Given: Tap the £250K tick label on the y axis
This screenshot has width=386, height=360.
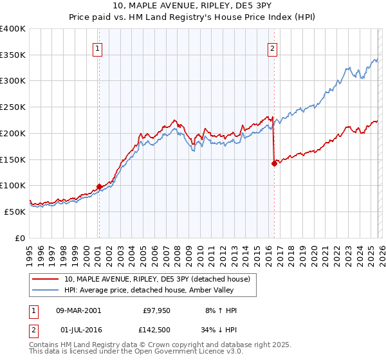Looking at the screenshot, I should (x=13, y=107).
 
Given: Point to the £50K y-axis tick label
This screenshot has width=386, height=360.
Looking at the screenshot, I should (x=15, y=212).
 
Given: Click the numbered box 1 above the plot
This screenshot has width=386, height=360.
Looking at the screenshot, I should (x=97, y=48).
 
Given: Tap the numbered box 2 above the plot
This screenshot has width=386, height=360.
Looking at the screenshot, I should (x=273, y=48).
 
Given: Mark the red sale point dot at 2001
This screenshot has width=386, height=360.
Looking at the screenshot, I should (x=99, y=187).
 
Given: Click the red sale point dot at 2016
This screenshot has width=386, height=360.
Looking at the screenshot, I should (x=274, y=163).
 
